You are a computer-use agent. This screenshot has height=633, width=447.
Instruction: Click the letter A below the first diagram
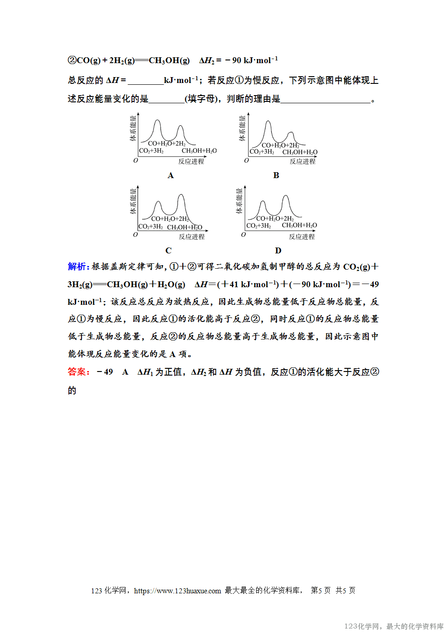171,175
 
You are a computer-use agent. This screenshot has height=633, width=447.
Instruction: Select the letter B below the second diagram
276,175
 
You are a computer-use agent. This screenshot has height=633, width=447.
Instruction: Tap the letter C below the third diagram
168,251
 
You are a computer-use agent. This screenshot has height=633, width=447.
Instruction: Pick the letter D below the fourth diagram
278,251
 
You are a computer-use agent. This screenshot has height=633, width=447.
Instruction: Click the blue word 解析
77,266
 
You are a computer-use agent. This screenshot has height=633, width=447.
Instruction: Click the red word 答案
77,372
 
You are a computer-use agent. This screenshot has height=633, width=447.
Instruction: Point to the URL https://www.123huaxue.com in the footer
177,591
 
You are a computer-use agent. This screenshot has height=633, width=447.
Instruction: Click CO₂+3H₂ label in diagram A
152,151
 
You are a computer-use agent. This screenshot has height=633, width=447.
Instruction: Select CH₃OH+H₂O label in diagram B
300,152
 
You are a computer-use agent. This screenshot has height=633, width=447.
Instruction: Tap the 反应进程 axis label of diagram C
192,237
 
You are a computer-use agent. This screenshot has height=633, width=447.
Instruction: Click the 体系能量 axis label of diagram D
239,201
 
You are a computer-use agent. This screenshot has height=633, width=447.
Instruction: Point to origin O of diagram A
135,161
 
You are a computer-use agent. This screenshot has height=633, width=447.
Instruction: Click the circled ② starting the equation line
72,60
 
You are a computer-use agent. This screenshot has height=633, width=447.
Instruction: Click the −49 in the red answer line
105,372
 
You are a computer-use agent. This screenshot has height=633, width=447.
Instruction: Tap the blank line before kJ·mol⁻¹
146,81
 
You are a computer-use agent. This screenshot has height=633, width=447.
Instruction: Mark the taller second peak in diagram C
181,196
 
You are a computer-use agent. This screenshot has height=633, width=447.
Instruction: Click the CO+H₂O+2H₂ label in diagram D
275,219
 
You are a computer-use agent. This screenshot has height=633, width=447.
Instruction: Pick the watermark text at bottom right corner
394,626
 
